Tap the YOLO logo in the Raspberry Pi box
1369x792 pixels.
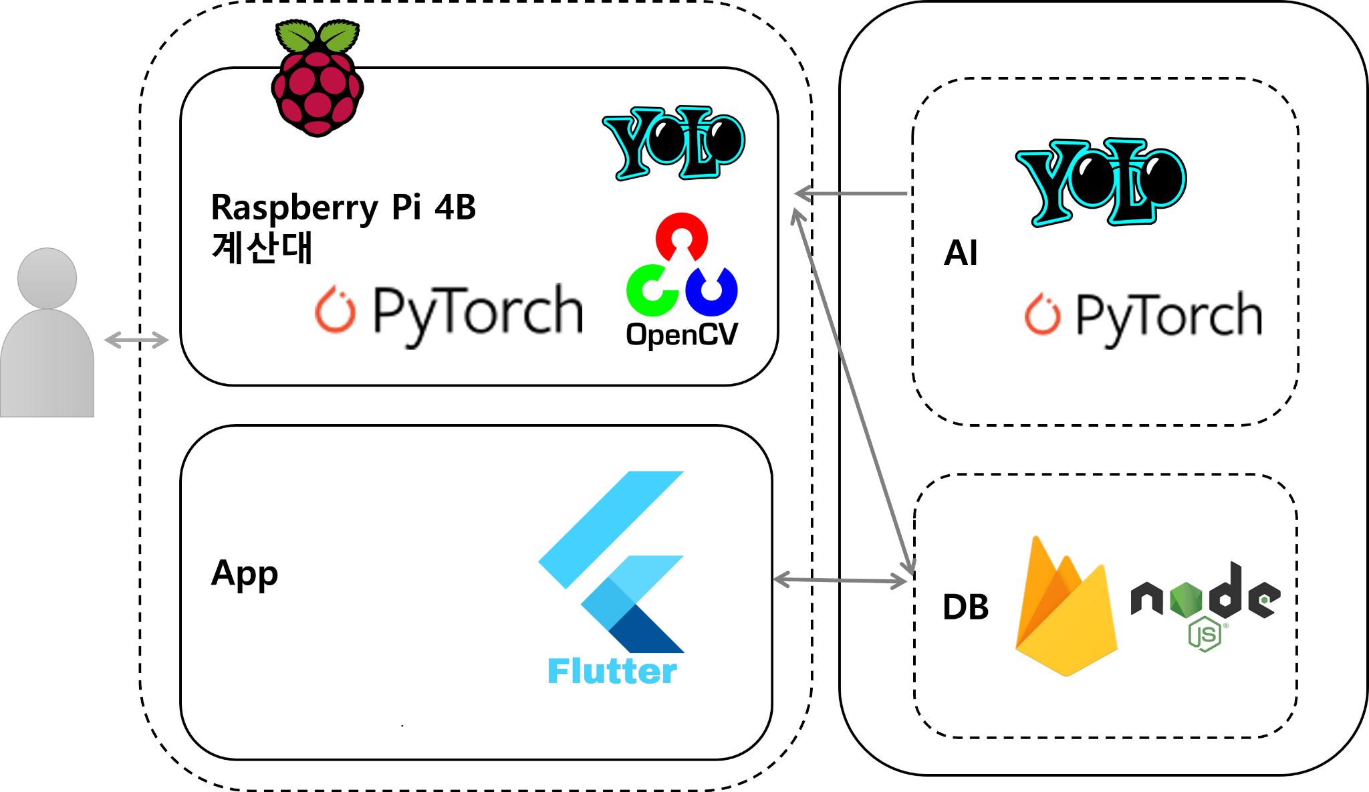(x=674, y=142)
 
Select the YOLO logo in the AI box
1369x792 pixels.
(x=1100, y=181)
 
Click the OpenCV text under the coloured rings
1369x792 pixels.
(x=682, y=334)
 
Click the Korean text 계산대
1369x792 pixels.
(x=261, y=248)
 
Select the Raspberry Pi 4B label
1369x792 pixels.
(x=343, y=207)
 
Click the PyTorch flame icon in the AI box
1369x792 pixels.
(x=1042, y=314)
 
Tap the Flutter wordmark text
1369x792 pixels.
(x=612, y=671)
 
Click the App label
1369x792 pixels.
(x=244, y=574)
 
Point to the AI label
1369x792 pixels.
(x=960, y=253)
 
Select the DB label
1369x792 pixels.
(x=965, y=607)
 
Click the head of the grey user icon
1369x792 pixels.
(x=47, y=278)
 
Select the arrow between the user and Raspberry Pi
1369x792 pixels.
(x=136, y=340)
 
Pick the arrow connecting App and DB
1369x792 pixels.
(x=840, y=580)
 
